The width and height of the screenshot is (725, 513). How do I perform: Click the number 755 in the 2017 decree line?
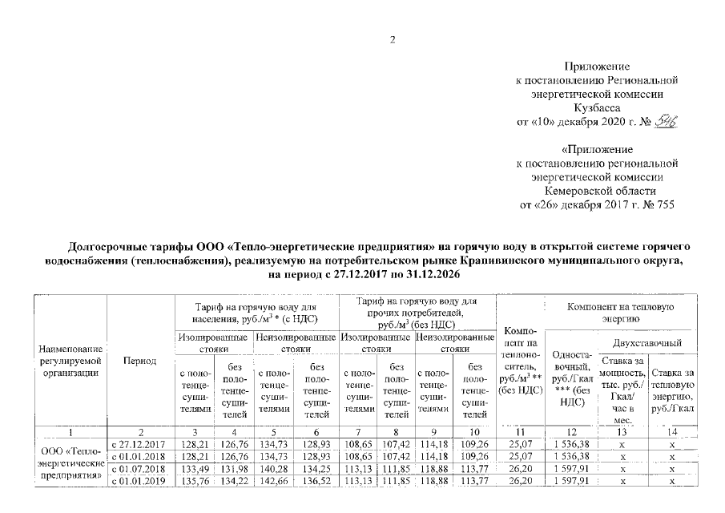[x=663, y=204]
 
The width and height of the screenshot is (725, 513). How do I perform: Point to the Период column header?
[x=139, y=362]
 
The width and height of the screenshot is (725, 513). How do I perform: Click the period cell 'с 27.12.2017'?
[x=139, y=444]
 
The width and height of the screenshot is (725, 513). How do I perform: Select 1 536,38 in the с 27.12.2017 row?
[x=569, y=444]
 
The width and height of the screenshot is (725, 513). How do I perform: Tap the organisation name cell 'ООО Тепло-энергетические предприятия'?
[x=71, y=463]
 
